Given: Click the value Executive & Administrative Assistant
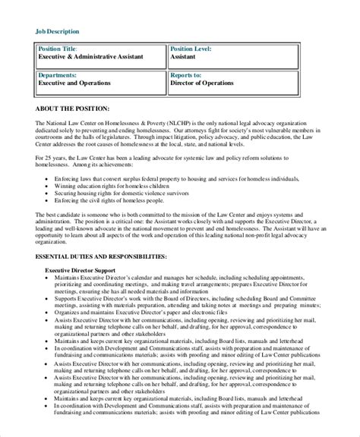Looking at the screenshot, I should click(x=91, y=57).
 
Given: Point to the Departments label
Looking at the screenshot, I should click(x=58, y=76).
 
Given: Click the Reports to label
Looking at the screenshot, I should click(x=186, y=76).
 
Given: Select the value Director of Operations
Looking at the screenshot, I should click(x=206, y=84).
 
